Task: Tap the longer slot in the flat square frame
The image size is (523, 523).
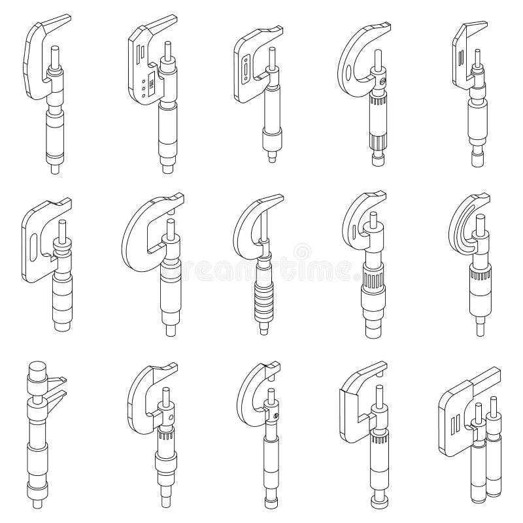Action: tap(245, 68)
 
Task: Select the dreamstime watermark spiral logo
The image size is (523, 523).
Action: tap(302, 252)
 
